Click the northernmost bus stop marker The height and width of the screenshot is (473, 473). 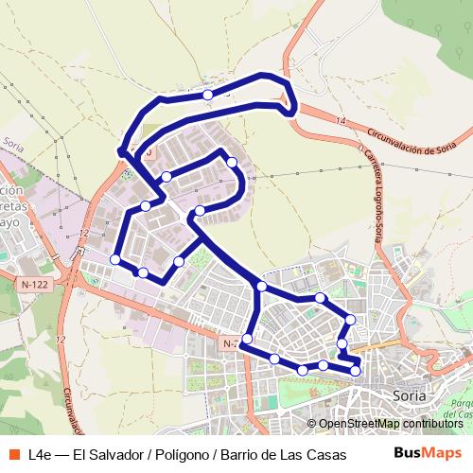[207, 95]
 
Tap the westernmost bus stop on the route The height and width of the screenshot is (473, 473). [115, 259]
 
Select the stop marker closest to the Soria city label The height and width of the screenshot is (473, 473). [356, 370]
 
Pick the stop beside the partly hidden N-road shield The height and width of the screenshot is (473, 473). [247, 339]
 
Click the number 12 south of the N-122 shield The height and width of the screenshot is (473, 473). [61, 339]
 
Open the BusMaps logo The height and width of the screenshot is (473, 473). [429, 452]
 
